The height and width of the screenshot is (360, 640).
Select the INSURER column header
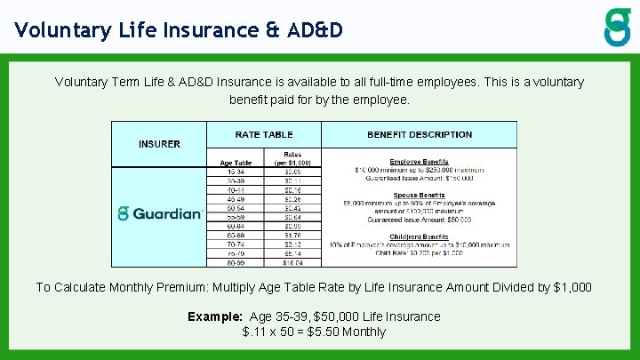159,144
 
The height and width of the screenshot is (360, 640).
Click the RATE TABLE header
264,134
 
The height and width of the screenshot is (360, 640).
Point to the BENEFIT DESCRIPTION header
420,134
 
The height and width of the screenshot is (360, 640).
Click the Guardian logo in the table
160,213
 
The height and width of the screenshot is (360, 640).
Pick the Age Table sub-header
236,163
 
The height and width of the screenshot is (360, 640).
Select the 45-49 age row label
236,198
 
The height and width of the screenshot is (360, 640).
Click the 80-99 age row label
236,262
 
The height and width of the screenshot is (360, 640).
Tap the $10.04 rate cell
292,262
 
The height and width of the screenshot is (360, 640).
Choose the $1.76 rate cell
292,236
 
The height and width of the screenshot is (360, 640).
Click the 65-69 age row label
236,236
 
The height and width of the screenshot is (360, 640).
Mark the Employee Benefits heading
419,162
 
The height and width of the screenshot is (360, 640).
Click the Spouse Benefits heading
419,195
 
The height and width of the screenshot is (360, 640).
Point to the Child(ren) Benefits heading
419,236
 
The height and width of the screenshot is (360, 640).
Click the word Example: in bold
216,316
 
